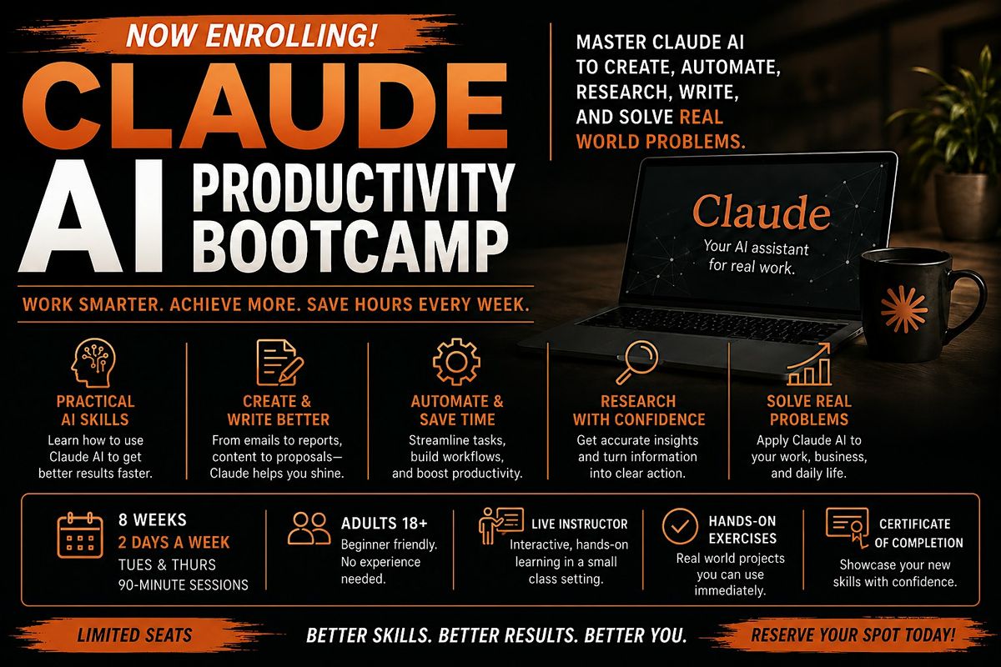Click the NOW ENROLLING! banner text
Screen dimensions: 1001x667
(x=252, y=36)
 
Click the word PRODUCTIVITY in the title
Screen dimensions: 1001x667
(x=354, y=188)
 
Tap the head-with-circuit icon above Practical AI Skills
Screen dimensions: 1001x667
(x=93, y=363)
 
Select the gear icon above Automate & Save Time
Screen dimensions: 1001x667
(x=456, y=362)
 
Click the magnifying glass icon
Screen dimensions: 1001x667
(x=637, y=363)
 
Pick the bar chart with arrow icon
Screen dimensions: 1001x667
(x=809, y=364)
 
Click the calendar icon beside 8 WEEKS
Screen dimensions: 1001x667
(x=80, y=535)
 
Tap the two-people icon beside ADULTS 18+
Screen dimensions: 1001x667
(x=309, y=529)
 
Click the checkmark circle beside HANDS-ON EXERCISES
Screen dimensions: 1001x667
(x=680, y=526)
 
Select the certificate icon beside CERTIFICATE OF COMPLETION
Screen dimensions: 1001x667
(x=848, y=528)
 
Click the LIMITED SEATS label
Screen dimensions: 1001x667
(x=134, y=634)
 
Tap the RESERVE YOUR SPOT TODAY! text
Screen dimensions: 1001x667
(x=853, y=634)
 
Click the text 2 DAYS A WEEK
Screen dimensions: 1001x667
(x=174, y=543)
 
